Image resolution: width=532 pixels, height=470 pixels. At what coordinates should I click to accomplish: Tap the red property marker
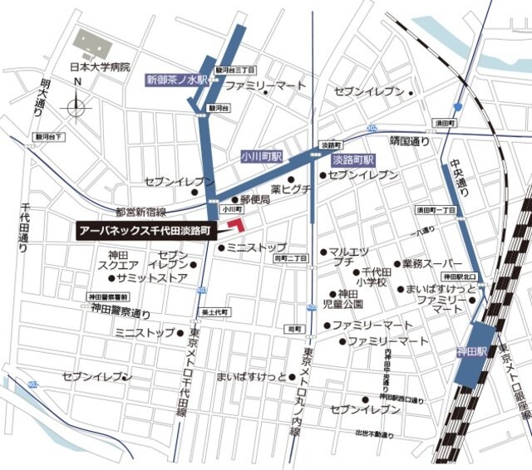[x=238, y=225]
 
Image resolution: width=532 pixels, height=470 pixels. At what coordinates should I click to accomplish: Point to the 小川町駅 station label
[x=262, y=156]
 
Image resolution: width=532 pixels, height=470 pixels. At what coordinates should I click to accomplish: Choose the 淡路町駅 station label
[x=353, y=159]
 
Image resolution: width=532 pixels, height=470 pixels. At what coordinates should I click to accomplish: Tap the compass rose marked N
[x=77, y=105]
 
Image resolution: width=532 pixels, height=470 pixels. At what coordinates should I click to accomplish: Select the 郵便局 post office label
[x=255, y=200]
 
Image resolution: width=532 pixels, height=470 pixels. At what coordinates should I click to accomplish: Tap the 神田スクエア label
[x=122, y=261]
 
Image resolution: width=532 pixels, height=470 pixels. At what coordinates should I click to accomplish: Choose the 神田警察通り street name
[x=121, y=313]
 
